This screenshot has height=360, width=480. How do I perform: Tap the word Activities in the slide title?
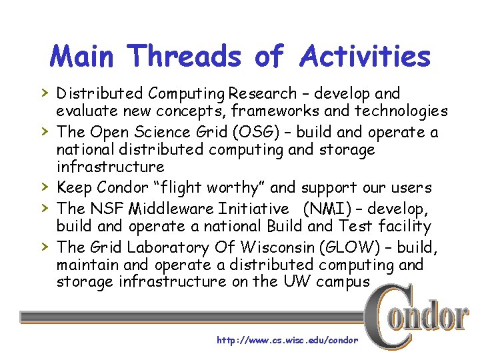(x=365, y=56)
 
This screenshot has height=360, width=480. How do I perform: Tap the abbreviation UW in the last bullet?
(x=297, y=281)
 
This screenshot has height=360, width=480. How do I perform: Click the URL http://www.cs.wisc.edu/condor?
(x=287, y=340)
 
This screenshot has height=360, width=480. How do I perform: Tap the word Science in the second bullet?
(x=159, y=133)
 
